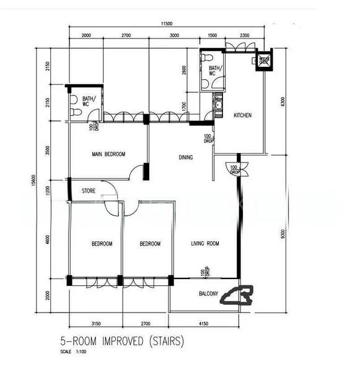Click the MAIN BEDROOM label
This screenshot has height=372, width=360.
coord(108,154)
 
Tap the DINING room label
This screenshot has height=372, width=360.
coord(186,157)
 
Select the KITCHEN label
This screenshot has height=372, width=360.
coord(242,116)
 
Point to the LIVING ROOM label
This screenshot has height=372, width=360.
coord(204,244)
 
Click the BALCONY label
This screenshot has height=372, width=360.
coord(208,294)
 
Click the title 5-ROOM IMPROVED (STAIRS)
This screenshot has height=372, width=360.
coord(121,340)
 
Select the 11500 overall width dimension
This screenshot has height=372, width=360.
coord(164,24)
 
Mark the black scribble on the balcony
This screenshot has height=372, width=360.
coord(238,297)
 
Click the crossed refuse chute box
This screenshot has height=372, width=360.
coord(265,60)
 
